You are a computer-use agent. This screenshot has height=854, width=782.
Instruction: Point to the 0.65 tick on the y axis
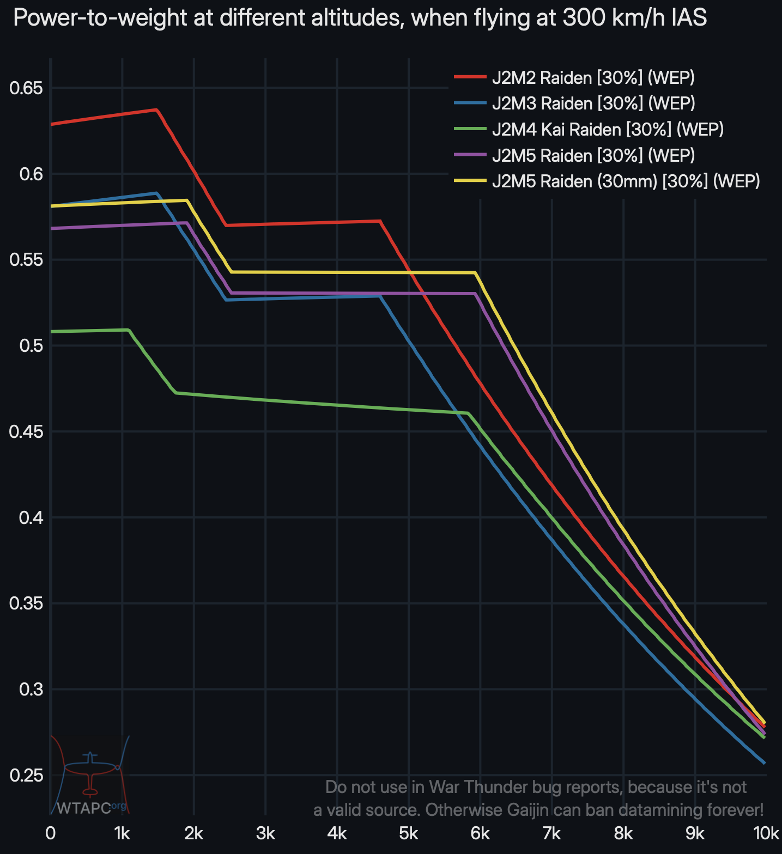coord(27,88)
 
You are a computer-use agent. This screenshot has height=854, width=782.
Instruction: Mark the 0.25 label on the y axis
coord(27,776)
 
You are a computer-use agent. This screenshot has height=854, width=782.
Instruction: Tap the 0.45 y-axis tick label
coord(27,432)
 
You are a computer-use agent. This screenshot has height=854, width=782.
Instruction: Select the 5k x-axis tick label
coord(408,834)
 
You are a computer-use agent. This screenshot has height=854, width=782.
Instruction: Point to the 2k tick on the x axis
coord(193,834)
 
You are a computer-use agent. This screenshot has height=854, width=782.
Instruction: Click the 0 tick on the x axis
coord(51,834)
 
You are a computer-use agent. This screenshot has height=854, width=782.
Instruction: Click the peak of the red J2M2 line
coord(157,110)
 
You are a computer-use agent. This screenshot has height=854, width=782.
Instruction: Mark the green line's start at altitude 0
coord(51,331)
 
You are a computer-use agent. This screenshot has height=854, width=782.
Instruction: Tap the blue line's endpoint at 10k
coord(765,763)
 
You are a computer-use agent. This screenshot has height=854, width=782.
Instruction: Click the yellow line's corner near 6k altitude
coord(475,272)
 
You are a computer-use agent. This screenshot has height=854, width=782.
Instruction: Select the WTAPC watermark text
coord(83,808)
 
